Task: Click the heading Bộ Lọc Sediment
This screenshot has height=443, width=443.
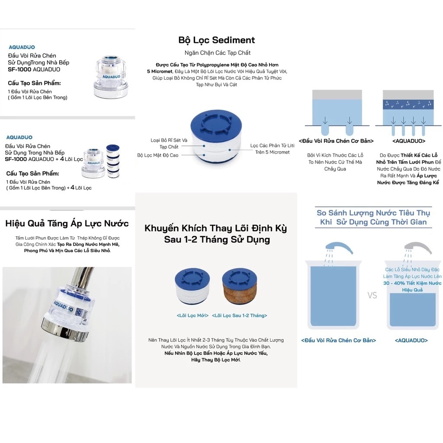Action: pyautogui.click(x=216, y=40)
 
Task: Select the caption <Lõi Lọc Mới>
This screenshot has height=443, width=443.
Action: pyautogui.click(x=193, y=315)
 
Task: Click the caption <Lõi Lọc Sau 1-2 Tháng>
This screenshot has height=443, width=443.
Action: pyautogui.click(x=239, y=315)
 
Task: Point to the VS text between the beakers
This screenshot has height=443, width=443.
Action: pyautogui.click(x=372, y=295)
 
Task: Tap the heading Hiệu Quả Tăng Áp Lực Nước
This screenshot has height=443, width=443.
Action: pyautogui.click(x=67, y=224)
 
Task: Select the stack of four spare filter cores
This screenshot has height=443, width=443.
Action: pyautogui.click(x=113, y=161)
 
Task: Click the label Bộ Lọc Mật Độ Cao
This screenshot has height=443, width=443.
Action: pyautogui.click(x=157, y=155)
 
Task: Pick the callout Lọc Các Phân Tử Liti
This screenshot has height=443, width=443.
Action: pyautogui.click(x=272, y=145)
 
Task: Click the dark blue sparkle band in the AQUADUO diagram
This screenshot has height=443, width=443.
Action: pyautogui.click(x=408, y=104)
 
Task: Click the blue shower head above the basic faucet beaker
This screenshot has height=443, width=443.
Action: pyautogui.click(x=339, y=247)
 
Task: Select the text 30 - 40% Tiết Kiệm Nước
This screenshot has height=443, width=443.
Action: pyautogui.click(x=412, y=283)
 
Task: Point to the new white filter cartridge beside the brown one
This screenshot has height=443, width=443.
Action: pyautogui.click(x=193, y=286)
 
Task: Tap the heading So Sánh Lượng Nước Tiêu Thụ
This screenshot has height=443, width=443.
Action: pyautogui.click(x=373, y=213)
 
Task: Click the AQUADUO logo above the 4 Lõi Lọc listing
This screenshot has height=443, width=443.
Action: pyautogui.click(x=19, y=137)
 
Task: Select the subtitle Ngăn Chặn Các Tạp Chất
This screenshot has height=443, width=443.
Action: pyautogui.click(x=218, y=53)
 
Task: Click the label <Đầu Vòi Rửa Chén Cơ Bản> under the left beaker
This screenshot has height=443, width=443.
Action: pyautogui.click(x=338, y=340)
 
